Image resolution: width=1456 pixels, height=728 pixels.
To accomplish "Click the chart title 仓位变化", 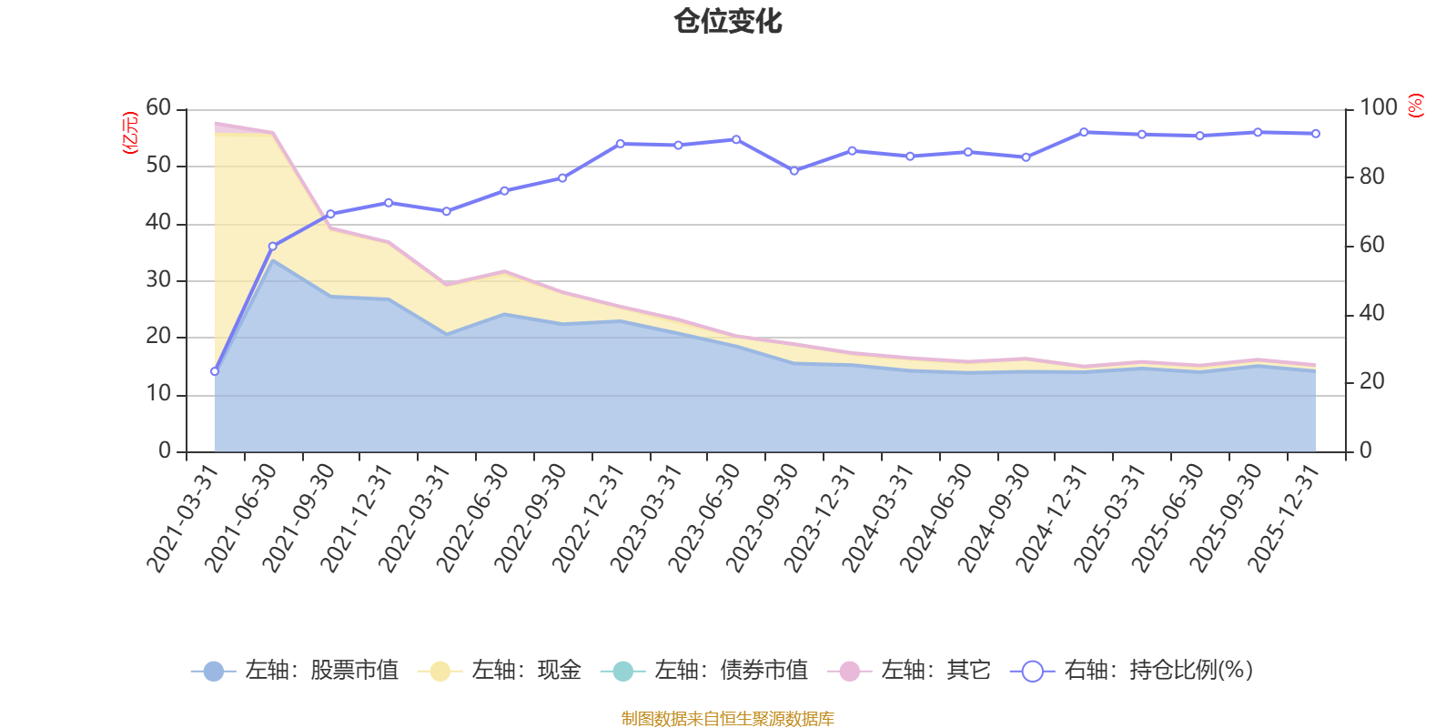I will [728, 21].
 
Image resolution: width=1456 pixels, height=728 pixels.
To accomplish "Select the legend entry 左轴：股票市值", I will [296, 671].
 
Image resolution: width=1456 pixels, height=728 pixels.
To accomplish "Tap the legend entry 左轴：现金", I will [500, 671].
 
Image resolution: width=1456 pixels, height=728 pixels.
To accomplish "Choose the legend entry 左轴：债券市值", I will [705, 671].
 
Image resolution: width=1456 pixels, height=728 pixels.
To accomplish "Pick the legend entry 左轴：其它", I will [909, 671].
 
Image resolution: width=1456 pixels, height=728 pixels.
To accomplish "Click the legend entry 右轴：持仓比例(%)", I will [1133, 671].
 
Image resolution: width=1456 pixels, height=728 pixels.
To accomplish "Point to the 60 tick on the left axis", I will [158, 108].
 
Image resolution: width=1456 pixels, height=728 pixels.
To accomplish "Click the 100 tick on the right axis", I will [1378, 108].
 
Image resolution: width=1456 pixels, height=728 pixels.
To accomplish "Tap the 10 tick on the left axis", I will [158, 394].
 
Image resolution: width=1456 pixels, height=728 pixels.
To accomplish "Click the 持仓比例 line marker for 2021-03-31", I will [215, 371].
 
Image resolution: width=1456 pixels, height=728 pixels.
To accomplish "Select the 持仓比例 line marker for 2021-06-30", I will [272, 246].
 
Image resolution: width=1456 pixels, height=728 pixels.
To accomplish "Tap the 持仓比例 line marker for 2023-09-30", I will [794, 171].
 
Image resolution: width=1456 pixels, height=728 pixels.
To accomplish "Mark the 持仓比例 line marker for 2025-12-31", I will [1316, 134].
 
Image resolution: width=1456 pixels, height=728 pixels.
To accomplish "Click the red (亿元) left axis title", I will [130, 133].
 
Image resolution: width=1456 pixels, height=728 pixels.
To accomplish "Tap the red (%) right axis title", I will [1416, 106].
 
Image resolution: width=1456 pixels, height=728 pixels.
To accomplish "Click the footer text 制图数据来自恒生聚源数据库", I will [728, 719].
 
